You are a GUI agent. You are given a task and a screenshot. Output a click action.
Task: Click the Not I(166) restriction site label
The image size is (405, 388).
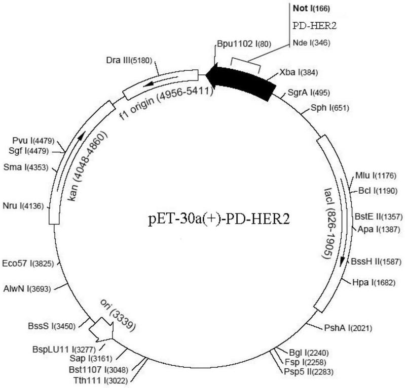click(x=311, y=9)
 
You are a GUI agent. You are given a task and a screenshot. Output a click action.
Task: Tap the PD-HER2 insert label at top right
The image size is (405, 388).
click(x=315, y=26)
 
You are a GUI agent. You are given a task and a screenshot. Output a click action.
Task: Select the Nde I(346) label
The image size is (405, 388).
click(x=311, y=42)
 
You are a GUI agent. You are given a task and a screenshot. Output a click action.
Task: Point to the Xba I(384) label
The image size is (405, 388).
click(x=299, y=72)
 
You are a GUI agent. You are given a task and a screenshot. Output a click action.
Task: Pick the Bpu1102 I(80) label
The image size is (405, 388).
click(x=244, y=44)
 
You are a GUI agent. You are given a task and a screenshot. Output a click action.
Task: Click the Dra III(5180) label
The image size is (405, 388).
click(x=129, y=60)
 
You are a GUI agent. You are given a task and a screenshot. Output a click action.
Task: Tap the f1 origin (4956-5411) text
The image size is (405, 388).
click(x=166, y=103)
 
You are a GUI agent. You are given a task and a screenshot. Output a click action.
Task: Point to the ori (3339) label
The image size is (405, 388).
click(x=118, y=315)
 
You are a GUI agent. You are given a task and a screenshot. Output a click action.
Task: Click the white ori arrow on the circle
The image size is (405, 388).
click(x=101, y=330)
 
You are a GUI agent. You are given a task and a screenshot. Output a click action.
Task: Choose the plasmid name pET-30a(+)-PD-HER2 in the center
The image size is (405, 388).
click(x=219, y=220)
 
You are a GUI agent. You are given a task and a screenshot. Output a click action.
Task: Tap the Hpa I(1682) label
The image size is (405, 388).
click(x=374, y=283)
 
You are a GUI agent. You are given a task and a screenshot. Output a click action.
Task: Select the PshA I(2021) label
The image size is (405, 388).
click(x=348, y=328)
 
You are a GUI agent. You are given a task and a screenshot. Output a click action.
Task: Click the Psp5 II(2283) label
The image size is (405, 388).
click(x=309, y=372)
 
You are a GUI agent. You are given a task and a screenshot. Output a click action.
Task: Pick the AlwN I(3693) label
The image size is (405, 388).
click(x=27, y=289)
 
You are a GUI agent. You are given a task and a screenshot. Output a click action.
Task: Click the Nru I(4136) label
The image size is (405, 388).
click(x=23, y=206)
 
